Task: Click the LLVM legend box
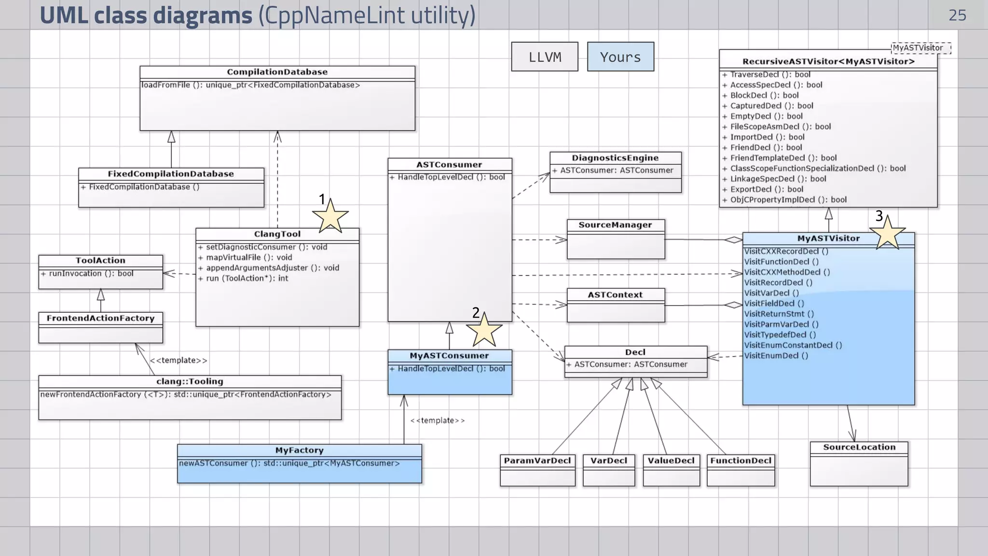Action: click(545, 57)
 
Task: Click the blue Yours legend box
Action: click(620, 57)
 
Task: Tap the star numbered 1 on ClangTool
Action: click(330, 217)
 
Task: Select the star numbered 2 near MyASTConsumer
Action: click(484, 331)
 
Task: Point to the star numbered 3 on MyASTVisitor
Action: click(887, 234)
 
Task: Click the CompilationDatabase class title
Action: click(277, 72)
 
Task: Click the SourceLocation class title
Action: click(859, 447)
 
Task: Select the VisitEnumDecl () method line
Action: click(776, 356)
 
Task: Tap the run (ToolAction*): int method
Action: click(247, 278)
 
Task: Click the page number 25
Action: click(957, 15)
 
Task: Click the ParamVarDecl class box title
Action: click(537, 460)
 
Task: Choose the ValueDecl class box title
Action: click(671, 460)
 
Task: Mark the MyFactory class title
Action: click(299, 450)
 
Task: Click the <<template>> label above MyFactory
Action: click(438, 420)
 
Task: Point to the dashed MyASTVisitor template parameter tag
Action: click(920, 48)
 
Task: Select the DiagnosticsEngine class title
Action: click(615, 158)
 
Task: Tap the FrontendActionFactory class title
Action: click(100, 318)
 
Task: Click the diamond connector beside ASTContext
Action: click(733, 305)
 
